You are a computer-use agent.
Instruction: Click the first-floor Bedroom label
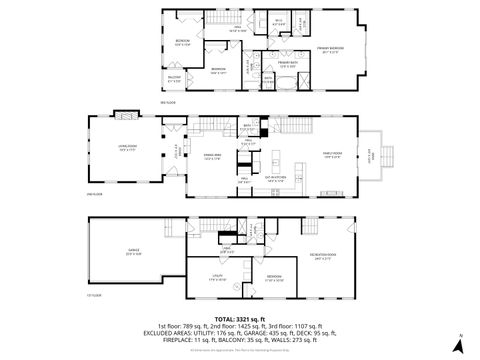(273, 277)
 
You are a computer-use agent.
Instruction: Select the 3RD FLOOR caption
(167, 101)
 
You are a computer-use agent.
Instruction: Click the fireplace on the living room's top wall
(125, 113)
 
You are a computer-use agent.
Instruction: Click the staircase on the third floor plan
(221, 20)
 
